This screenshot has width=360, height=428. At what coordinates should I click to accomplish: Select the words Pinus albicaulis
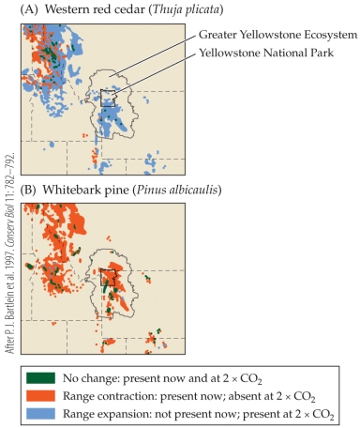178,189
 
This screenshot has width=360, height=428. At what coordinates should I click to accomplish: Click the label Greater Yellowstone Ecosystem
278,35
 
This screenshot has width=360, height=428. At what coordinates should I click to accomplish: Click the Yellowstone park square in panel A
109,98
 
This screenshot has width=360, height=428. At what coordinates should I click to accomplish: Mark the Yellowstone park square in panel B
109,277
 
